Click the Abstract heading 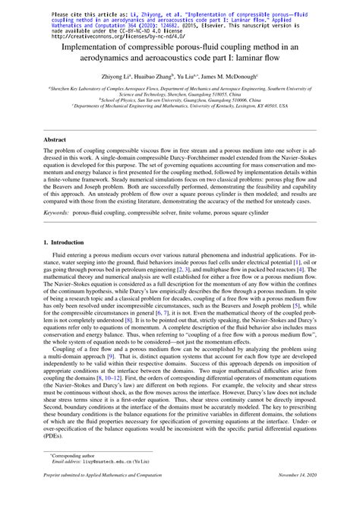[54, 141]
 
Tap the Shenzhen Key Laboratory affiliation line [180, 90]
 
